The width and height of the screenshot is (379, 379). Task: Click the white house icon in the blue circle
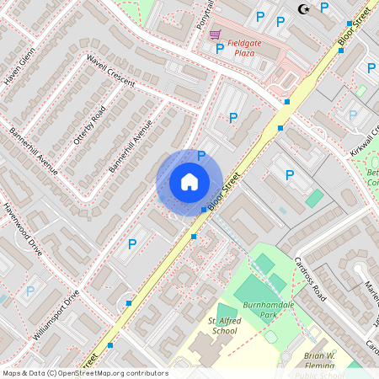189,182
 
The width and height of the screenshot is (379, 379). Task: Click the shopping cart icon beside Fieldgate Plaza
216,35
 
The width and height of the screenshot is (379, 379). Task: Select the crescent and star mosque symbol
302,9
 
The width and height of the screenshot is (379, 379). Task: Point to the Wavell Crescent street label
110,71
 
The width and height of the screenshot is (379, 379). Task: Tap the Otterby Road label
87,125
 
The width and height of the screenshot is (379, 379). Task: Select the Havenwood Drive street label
21,229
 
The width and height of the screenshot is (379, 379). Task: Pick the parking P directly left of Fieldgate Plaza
220,49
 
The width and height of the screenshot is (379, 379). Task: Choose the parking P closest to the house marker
201,155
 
